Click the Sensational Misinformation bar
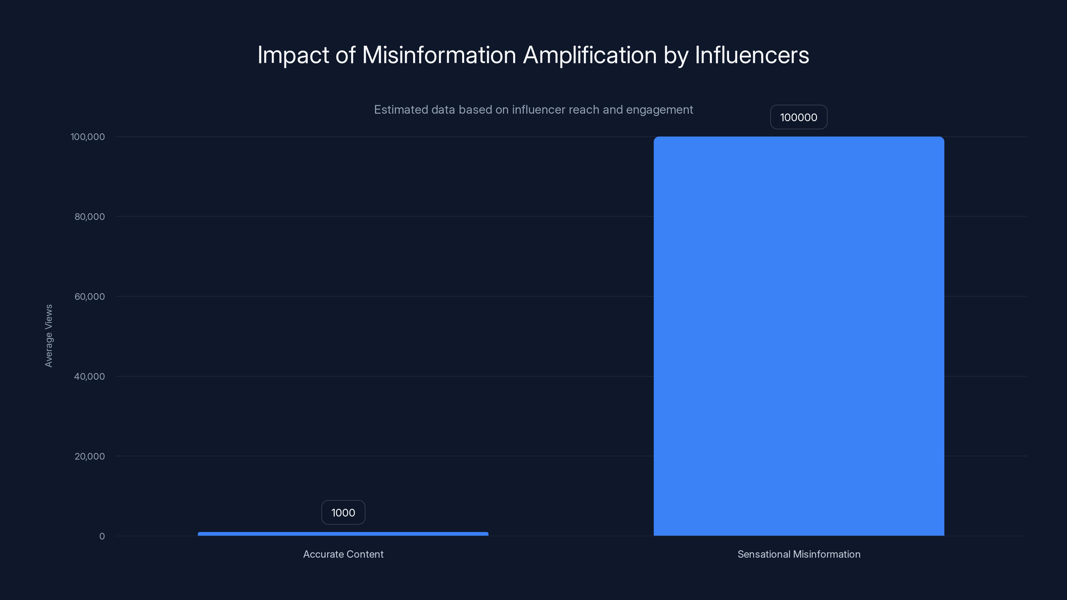tap(799, 335)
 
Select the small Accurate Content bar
tap(343, 534)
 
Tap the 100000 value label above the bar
tap(799, 117)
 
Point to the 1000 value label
tap(343, 513)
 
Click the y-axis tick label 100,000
tap(88, 137)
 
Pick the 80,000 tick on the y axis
tap(89, 217)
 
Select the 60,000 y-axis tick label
tap(89, 296)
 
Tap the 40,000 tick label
tap(89, 376)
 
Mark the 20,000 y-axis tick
tap(89, 456)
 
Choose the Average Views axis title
tap(49, 335)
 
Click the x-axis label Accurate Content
tap(343, 554)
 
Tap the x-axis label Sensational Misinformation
tap(799, 554)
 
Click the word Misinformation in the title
tap(439, 55)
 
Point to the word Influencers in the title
tap(752, 55)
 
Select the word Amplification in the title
tap(590, 55)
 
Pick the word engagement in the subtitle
tap(660, 110)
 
